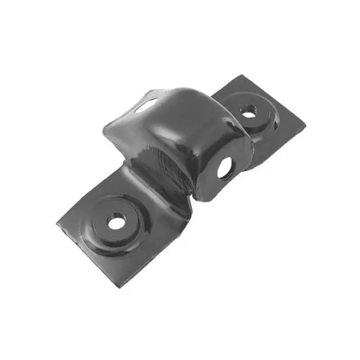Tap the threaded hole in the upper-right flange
click(x=249, y=110)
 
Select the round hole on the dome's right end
click(x=225, y=169)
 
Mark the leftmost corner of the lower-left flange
click(x=57, y=225)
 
